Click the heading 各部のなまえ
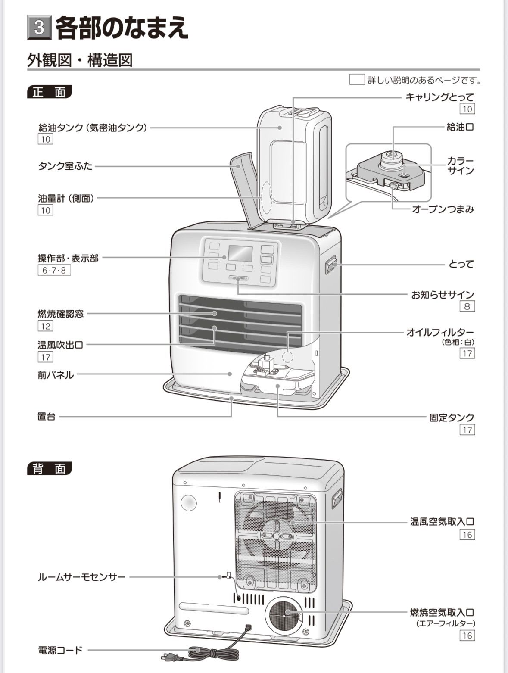(x=122, y=28)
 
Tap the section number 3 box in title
(x=39, y=28)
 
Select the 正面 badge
(x=49, y=92)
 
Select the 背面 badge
(x=49, y=469)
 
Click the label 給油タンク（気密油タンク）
(x=93, y=128)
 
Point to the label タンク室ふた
(x=65, y=166)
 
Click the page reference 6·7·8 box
(x=54, y=271)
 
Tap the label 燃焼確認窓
(x=60, y=314)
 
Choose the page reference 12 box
(x=45, y=326)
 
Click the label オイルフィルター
(x=440, y=332)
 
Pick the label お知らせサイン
(x=443, y=295)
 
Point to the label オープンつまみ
(x=443, y=209)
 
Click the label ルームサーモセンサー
(x=81, y=577)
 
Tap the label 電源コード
(x=60, y=650)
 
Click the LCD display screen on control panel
(x=240, y=253)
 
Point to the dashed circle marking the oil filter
(x=287, y=356)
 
